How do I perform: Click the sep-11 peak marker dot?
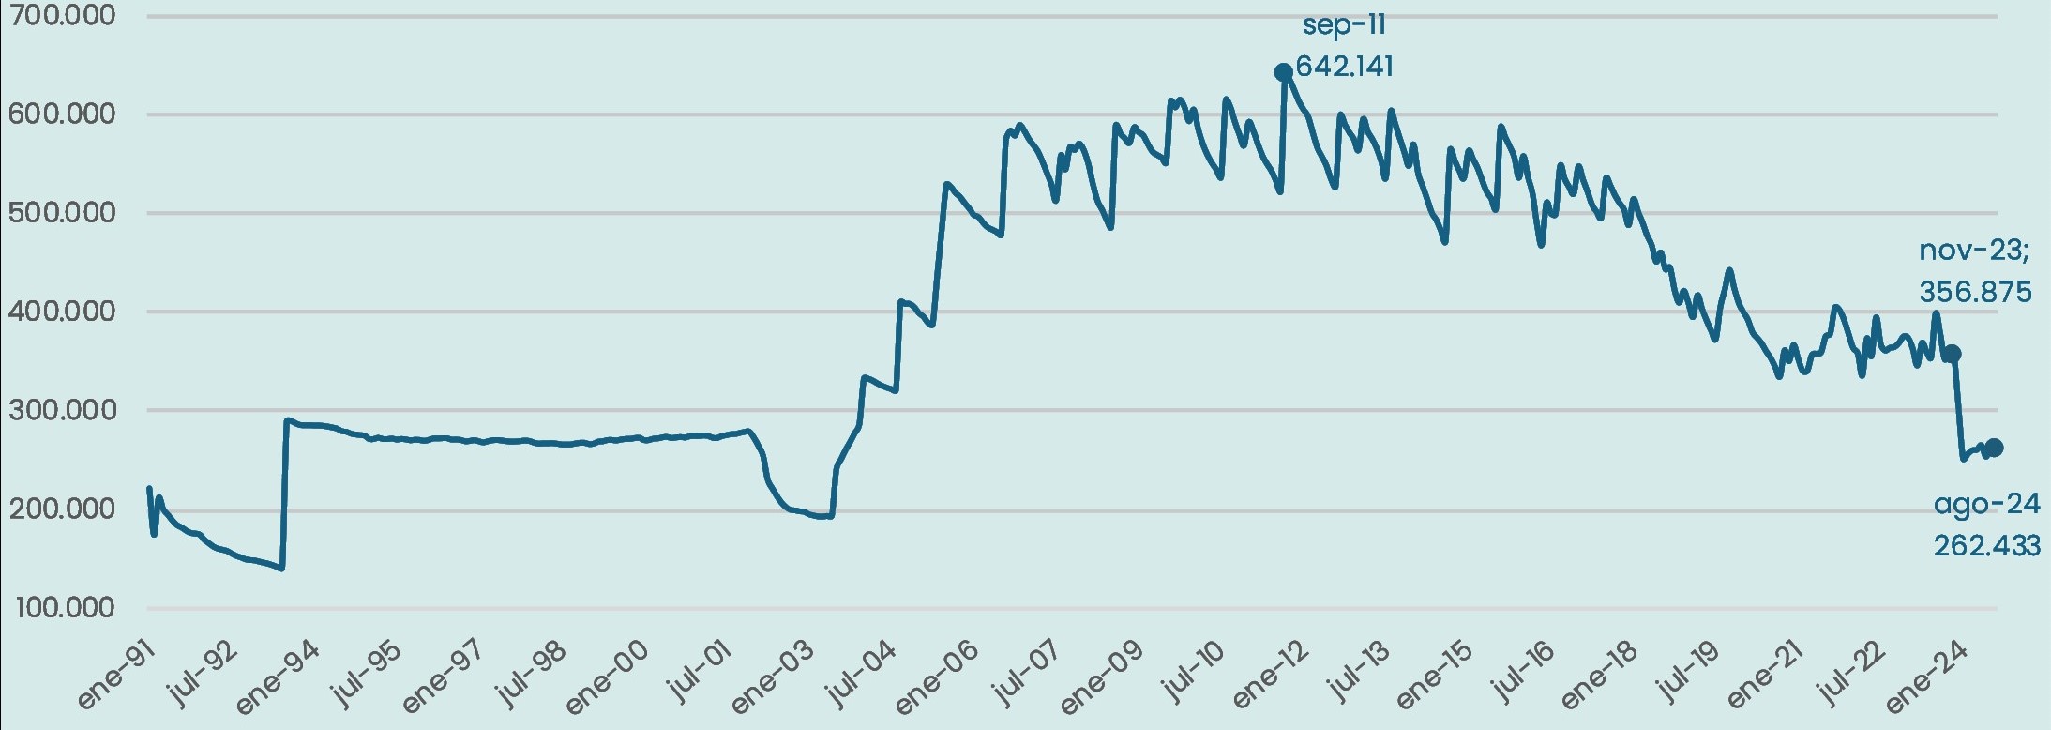[1283, 72]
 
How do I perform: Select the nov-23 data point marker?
[1952, 354]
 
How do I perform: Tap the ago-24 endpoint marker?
[1994, 448]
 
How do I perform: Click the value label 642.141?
[1344, 67]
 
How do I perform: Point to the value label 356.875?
[1975, 292]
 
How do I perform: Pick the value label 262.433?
[1986, 545]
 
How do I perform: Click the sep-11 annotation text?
[1344, 25]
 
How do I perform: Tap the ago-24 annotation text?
[1986, 505]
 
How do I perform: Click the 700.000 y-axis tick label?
[61, 15]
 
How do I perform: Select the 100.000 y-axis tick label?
[65, 608]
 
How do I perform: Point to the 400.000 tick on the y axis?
[61, 311]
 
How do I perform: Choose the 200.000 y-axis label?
[61, 509]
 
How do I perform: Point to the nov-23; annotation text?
[1973, 251]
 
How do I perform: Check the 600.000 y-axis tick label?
[61, 114]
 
